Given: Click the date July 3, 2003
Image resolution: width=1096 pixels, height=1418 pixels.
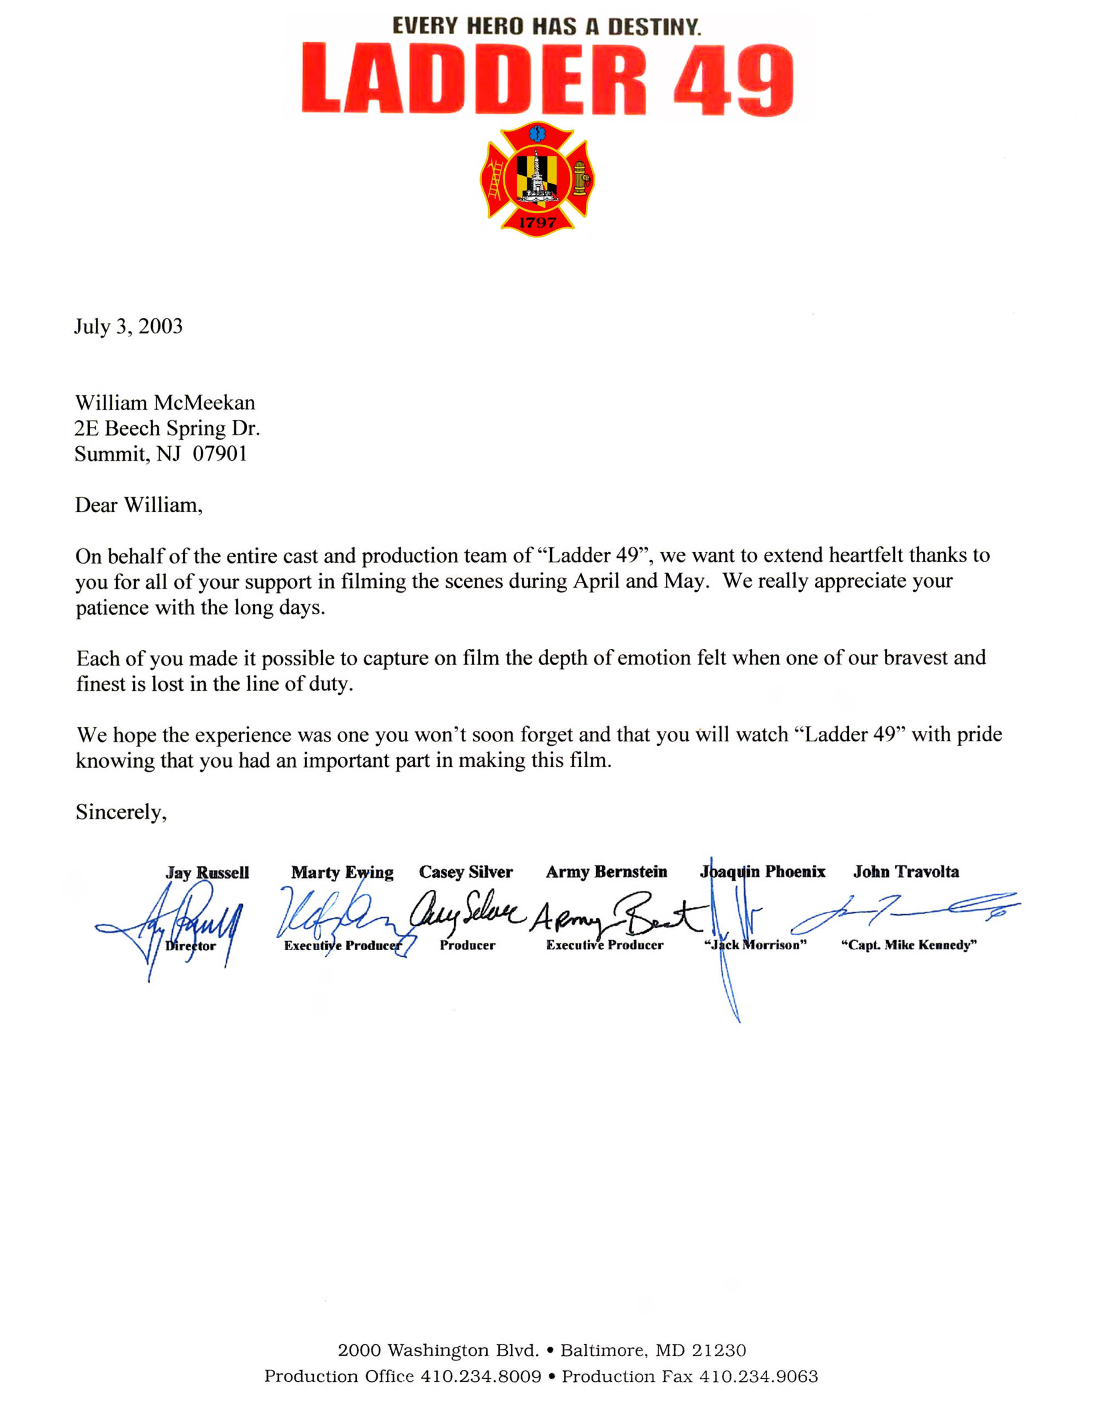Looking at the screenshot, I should click(128, 326).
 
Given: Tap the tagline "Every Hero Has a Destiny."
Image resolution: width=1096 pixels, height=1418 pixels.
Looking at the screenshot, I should click(547, 27).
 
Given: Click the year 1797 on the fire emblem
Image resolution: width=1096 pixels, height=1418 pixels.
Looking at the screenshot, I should click(537, 222).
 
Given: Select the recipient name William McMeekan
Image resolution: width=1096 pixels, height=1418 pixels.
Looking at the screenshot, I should click(165, 403).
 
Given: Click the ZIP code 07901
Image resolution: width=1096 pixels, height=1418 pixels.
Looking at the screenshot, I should click(220, 454).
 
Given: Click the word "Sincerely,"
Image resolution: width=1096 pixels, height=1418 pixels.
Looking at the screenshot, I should click(121, 812).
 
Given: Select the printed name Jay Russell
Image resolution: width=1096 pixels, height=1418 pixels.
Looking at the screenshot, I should click(207, 873).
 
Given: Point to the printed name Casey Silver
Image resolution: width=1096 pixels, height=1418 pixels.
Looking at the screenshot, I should click(466, 872).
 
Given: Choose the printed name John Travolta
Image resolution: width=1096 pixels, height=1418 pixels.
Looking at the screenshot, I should click(906, 872).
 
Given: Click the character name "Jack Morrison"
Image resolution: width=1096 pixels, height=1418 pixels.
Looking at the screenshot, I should click(755, 945).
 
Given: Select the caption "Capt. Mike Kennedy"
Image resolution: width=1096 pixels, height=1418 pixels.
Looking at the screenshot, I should click(909, 945).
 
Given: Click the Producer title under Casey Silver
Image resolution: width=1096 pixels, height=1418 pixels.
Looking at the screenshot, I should click(467, 945).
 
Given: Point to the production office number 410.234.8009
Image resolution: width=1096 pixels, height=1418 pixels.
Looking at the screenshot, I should click(481, 1376).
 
